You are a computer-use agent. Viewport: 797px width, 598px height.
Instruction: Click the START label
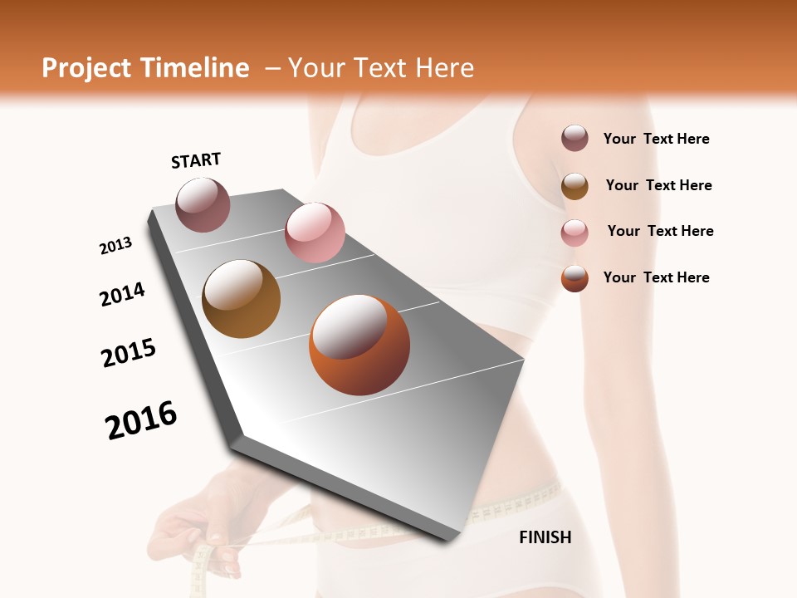click(196, 160)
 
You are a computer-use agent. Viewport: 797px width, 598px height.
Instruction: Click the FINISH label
click(545, 537)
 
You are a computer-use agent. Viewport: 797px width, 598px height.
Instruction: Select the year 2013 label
click(116, 246)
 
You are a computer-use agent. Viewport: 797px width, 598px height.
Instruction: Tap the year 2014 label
click(123, 294)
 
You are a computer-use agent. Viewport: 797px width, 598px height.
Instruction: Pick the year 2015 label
click(129, 353)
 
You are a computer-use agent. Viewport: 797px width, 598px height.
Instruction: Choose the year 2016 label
click(141, 419)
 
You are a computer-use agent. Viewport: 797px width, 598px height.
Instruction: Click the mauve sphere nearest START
click(203, 204)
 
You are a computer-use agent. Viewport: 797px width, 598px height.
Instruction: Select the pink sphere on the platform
click(315, 232)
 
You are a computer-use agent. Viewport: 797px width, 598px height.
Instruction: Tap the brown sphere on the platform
click(241, 298)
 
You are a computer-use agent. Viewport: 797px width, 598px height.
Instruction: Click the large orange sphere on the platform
click(359, 345)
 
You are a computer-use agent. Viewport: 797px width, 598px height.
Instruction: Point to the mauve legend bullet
click(575, 139)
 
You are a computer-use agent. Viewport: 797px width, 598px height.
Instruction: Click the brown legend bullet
click(575, 185)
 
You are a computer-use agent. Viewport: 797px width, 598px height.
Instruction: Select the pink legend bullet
click(575, 232)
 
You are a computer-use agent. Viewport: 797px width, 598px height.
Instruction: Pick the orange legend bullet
click(575, 278)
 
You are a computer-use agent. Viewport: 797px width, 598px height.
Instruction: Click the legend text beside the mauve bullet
click(656, 140)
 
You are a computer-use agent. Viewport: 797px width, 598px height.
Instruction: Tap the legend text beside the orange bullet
click(656, 277)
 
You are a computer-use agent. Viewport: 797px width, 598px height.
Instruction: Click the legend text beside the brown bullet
click(658, 185)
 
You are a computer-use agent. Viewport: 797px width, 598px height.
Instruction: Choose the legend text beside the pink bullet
click(660, 231)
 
